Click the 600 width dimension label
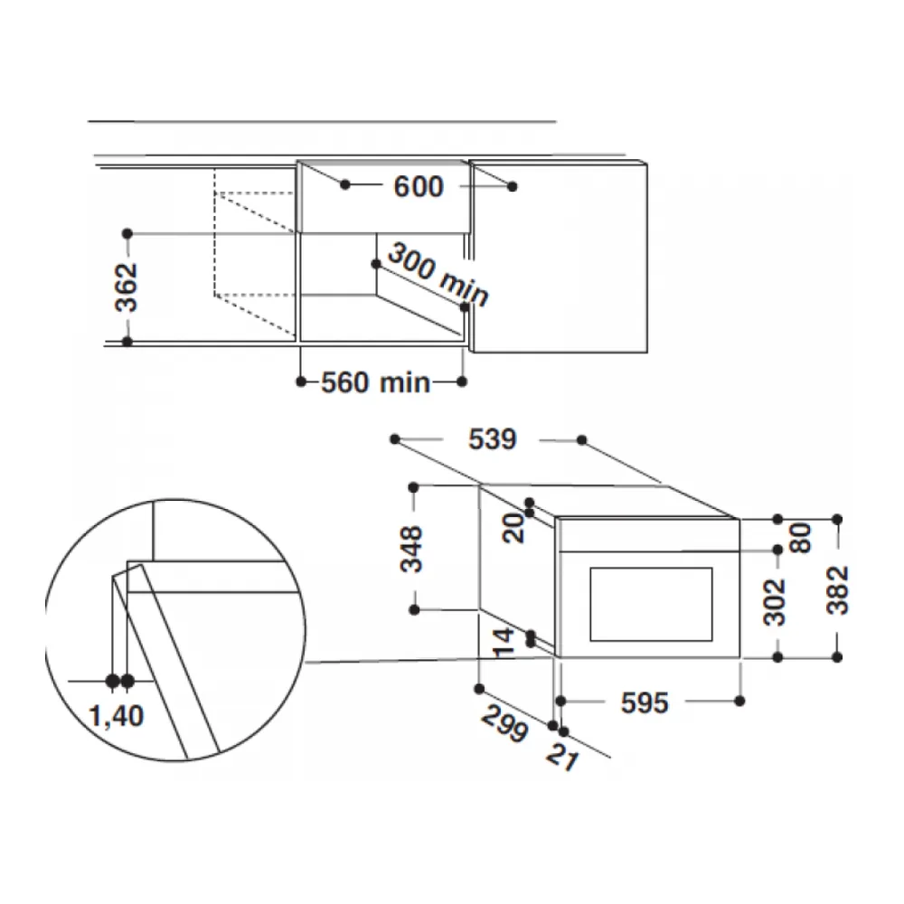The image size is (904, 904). click(x=419, y=187)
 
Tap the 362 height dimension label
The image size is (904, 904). click(x=127, y=287)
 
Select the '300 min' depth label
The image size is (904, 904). click(x=438, y=274)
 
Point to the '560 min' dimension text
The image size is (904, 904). click(x=375, y=382)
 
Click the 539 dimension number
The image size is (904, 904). click(x=492, y=439)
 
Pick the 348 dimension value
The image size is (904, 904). click(x=411, y=549)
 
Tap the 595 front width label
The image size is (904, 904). click(x=645, y=702)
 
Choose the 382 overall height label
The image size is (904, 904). click(x=838, y=589)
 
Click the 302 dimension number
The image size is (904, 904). click(x=775, y=602)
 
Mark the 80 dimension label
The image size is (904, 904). click(x=800, y=539)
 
